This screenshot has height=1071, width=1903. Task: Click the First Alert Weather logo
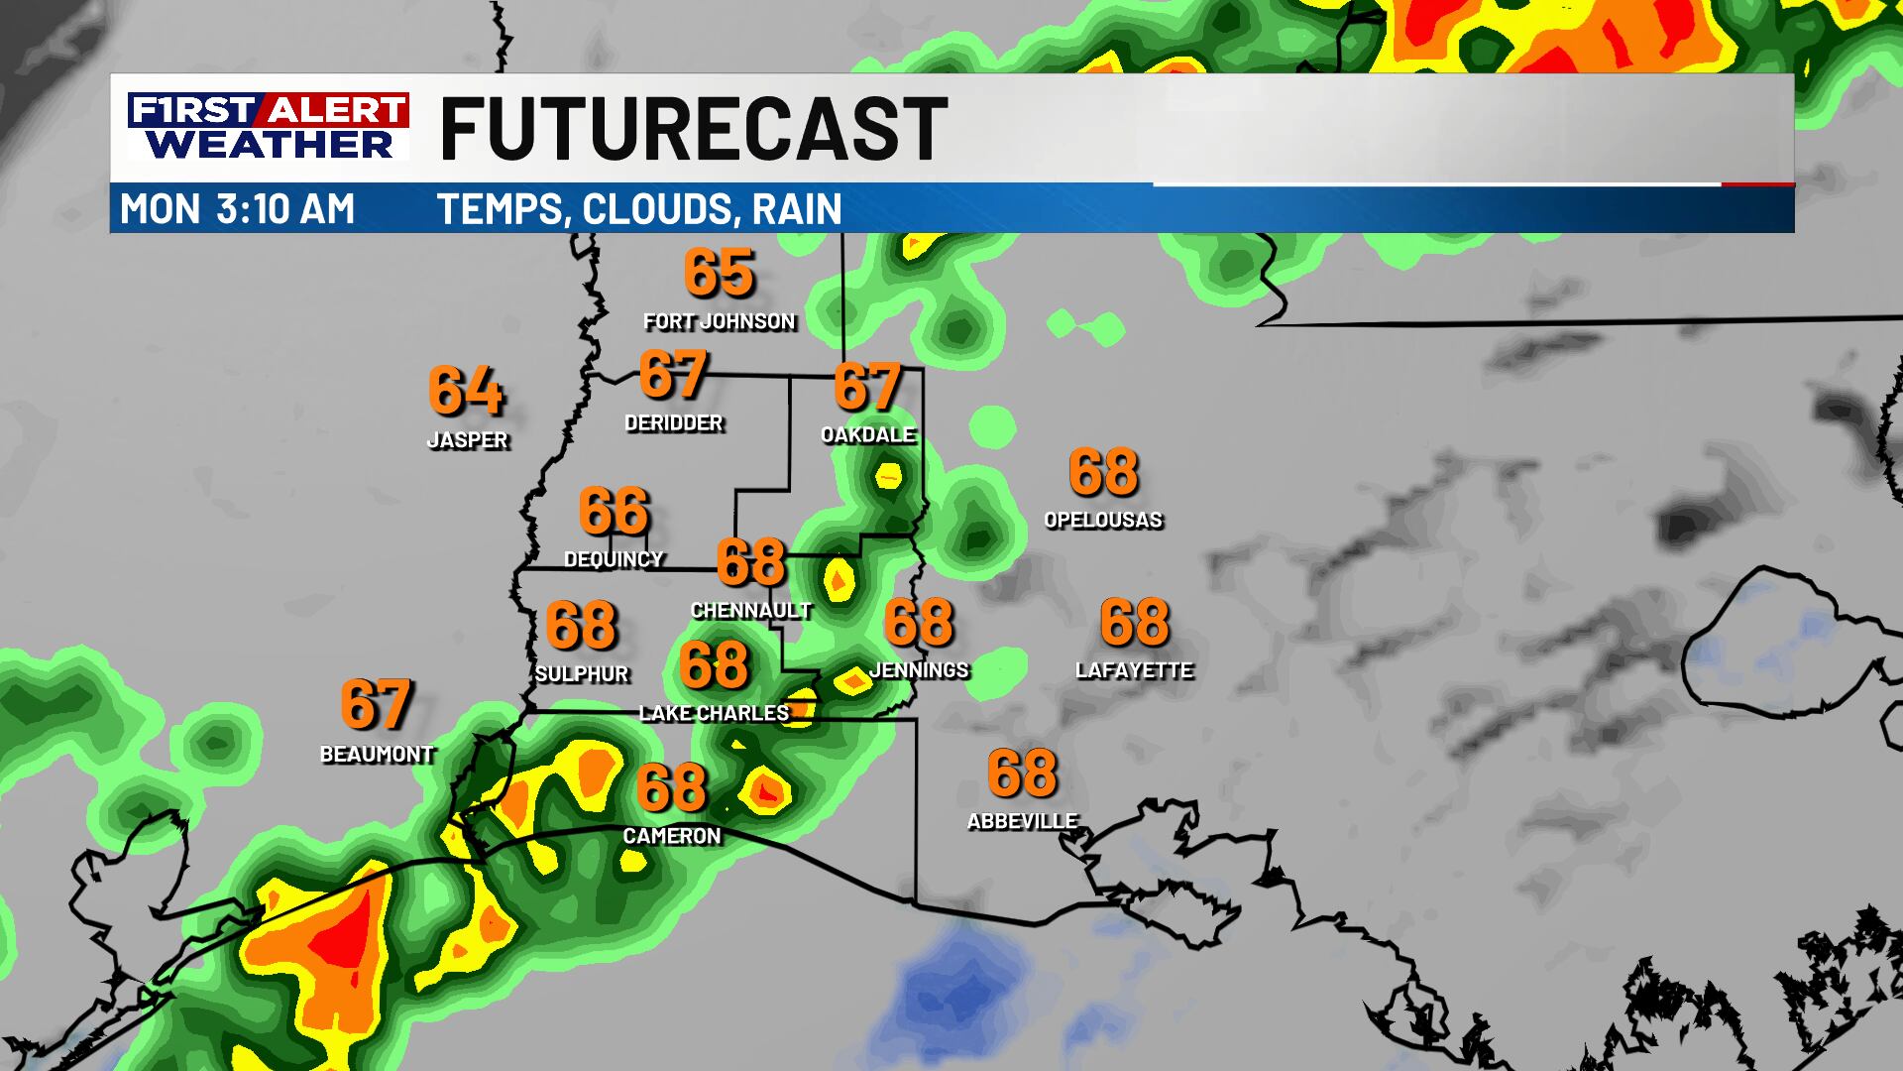[268, 126]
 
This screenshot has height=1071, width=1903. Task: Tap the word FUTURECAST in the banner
[693, 129]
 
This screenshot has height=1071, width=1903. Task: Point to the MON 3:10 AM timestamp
[237, 209]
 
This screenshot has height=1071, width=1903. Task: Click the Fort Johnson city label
[719, 321]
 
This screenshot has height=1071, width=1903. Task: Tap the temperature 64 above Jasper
[466, 391]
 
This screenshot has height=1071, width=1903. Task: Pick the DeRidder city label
[674, 423]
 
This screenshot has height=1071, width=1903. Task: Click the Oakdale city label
[868, 434]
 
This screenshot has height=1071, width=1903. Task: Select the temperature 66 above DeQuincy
[614, 511]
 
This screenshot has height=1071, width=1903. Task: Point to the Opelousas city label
[1103, 520]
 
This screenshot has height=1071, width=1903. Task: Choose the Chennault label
[751, 611]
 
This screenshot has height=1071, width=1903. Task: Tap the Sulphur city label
[582, 674]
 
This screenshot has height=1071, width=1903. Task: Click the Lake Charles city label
[715, 713]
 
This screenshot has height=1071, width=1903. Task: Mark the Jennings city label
[919, 670]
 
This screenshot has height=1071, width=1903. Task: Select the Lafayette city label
[1134, 671]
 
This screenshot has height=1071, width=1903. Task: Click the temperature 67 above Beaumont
[376, 704]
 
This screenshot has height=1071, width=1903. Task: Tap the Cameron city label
[672, 836]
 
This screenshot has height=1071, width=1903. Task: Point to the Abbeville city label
[1022, 821]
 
